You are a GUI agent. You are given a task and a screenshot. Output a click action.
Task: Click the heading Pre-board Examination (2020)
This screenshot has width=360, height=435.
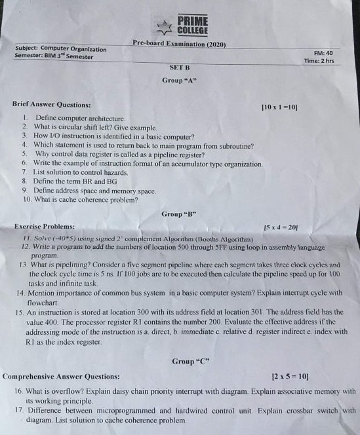click(179, 44)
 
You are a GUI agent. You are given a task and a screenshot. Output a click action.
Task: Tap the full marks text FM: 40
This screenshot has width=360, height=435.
click(323, 53)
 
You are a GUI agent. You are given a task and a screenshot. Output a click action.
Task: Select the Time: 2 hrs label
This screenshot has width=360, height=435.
click(319, 61)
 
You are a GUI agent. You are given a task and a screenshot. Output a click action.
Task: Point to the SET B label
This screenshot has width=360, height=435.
click(179, 67)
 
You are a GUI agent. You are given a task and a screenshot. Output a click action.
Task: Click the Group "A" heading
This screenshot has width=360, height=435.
click(180, 81)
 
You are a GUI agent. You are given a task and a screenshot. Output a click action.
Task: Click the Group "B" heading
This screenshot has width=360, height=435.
click(179, 214)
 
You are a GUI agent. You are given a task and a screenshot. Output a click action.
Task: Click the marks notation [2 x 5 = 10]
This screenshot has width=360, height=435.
click(290, 377)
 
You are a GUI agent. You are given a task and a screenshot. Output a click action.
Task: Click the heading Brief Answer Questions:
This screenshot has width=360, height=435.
click(51, 104)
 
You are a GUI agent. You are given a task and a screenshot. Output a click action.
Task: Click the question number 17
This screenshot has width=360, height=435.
click(18, 411)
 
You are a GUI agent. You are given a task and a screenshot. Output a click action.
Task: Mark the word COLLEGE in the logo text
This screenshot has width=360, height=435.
click(193, 30)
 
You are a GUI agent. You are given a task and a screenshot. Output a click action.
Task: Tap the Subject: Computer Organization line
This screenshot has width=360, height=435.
click(60, 48)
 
